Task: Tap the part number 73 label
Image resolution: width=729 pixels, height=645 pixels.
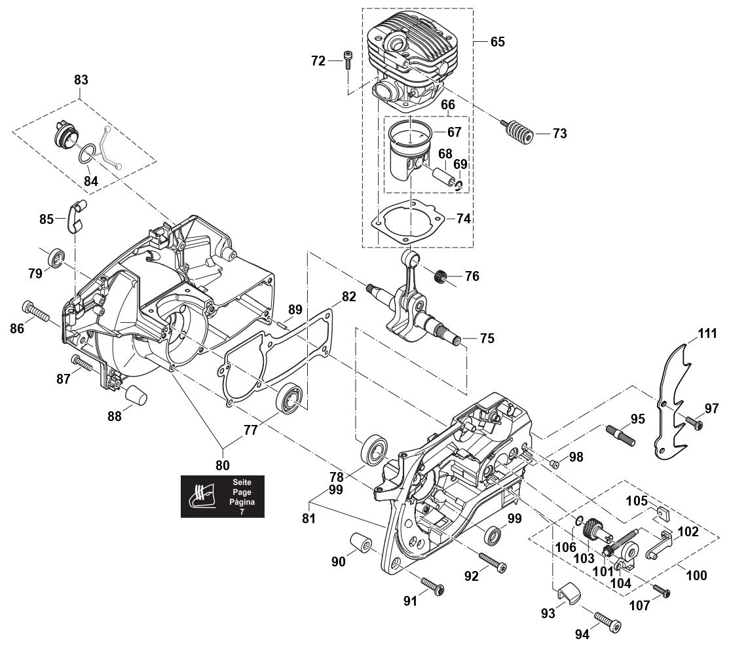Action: [x=559, y=134]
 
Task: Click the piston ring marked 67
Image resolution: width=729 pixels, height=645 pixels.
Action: [x=409, y=135]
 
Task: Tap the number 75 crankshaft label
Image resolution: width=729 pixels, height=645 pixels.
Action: [x=487, y=339]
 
